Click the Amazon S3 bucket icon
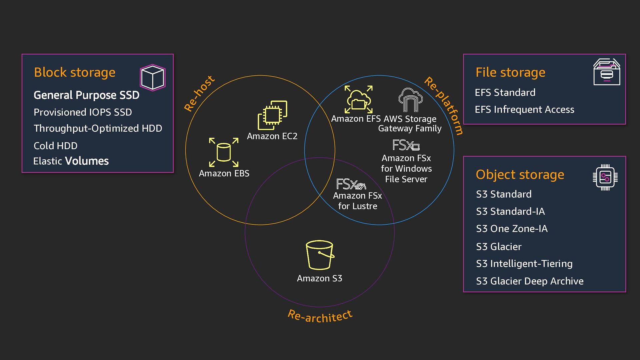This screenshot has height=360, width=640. tap(320, 255)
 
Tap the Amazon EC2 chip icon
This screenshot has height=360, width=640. tap(272, 115)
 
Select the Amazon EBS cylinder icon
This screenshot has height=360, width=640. tap(224, 152)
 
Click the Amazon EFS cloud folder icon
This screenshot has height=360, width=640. tap(358, 100)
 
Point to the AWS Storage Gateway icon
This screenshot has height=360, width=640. tap(410, 100)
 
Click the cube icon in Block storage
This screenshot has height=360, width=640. tap(153, 78)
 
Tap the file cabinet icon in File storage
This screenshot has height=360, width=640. tap(607, 72)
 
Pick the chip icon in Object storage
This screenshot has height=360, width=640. tap(605, 177)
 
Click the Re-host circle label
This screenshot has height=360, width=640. tap(199, 93)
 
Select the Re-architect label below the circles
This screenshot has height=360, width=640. tap(320, 316)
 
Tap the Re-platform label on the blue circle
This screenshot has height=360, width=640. tap(444, 105)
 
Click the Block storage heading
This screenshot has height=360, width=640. tap(75, 72)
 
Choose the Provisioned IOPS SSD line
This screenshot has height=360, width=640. tap(83, 112)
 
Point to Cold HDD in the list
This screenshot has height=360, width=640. tap(56, 146)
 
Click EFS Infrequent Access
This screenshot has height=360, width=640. tap(524, 110)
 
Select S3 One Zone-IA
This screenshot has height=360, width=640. tap(512, 229)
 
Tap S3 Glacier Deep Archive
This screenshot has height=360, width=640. tap(530, 281)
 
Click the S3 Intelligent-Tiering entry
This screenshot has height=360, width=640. tap(524, 264)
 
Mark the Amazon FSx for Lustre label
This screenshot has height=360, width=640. tap(357, 201)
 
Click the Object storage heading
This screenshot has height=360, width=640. tap(520, 175)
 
